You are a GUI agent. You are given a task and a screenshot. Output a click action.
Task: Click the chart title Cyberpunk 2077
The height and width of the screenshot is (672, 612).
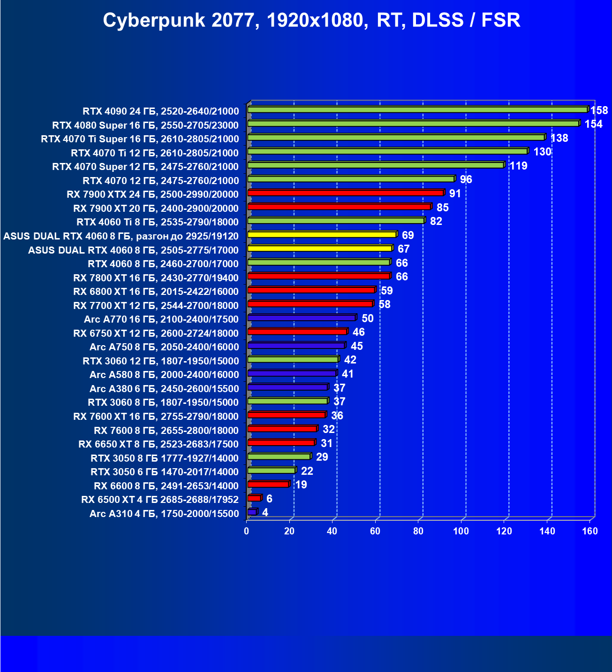[x=311, y=20]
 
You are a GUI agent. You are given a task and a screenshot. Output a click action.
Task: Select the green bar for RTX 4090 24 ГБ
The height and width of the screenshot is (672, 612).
[x=417, y=109]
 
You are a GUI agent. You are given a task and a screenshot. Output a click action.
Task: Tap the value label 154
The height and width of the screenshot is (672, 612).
[x=593, y=124]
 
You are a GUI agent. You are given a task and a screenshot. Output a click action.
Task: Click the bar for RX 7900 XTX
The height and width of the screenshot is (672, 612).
[x=346, y=193]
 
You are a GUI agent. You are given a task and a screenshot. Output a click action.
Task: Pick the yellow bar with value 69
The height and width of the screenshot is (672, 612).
[x=322, y=234]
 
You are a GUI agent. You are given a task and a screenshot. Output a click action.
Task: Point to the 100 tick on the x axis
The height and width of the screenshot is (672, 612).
[x=461, y=531]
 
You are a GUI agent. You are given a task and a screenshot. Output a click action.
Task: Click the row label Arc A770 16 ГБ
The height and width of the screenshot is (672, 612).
[x=161, y=319]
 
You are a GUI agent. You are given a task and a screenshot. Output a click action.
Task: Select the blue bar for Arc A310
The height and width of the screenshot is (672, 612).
[x=252, y=512]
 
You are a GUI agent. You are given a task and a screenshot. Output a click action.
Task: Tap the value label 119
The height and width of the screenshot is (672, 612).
[x=518, y=166]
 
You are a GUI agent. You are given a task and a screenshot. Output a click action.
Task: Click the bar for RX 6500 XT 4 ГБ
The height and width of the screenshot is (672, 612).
[x=254, y=498]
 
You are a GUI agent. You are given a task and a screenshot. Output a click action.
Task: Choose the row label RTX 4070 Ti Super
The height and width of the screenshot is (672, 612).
[x=140, y=139]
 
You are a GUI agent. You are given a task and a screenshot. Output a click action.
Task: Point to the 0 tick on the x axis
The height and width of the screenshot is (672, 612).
[x=247, y=531]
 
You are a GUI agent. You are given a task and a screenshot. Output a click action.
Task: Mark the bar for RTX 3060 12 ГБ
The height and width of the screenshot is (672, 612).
[x=293, y=359]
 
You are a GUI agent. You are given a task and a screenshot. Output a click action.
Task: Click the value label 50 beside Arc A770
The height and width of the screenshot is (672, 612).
[x=367, y=318]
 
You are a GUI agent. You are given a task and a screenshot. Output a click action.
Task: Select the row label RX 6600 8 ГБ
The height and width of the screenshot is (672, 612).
[x=166, y=486]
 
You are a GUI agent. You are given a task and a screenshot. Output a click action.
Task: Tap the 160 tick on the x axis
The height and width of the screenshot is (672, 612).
[x=590, y=531]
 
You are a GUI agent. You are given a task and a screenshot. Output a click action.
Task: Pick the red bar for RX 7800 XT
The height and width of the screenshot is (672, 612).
[x=319, y=276]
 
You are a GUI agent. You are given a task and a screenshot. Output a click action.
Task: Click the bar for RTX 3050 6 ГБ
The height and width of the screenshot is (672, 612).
[x=271, y=470]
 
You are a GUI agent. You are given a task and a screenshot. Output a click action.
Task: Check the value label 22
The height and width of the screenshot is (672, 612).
[x=307, y=471]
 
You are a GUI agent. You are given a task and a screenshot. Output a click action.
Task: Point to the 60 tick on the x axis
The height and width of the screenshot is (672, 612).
[x=375, y=531]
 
